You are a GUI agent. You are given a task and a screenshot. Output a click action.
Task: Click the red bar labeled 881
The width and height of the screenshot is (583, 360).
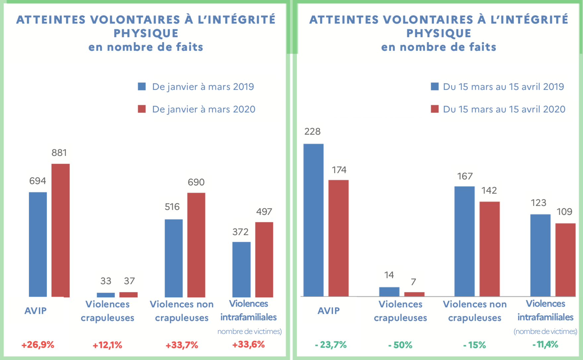click(61, 230)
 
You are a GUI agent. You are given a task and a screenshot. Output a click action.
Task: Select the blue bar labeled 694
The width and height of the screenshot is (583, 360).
click(38, 244)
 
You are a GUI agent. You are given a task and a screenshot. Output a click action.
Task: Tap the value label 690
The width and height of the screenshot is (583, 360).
click(196, 182)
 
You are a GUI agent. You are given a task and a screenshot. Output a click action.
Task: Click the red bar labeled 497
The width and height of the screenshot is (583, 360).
click(264, 260)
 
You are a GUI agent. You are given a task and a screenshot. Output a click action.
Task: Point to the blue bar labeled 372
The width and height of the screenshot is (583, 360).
click(241, 269)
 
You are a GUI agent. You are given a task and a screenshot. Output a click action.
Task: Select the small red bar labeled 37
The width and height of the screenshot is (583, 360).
click(128, 295)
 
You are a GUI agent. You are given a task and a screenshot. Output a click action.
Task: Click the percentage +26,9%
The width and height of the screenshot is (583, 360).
click(38, 345)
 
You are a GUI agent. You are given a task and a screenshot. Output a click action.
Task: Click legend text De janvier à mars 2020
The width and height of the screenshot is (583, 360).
click(204, 109)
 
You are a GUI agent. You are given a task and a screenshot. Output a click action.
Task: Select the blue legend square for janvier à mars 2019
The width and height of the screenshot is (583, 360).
click(142, 87)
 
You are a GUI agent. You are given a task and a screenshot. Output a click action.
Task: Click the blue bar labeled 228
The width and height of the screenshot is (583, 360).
click(313, 220)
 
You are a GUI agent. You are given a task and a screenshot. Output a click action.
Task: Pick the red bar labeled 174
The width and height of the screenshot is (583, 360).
click(338, 238)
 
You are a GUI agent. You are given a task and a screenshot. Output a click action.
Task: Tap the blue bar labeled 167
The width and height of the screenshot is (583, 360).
click(464, 241)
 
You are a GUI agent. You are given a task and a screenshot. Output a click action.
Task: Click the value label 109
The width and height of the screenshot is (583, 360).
click(564, 212)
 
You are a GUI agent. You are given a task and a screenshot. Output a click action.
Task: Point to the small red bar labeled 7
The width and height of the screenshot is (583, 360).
click(414, 294)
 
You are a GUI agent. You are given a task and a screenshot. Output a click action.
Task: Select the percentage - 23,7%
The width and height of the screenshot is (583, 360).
click(331, 345)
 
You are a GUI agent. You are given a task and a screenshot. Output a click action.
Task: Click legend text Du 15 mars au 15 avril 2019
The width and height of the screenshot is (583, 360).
click(503, 87)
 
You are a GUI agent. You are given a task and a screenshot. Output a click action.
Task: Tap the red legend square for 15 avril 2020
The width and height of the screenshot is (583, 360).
click(435, 109)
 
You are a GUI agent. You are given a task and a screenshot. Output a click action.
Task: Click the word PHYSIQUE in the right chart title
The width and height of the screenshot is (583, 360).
click(439, 33)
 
